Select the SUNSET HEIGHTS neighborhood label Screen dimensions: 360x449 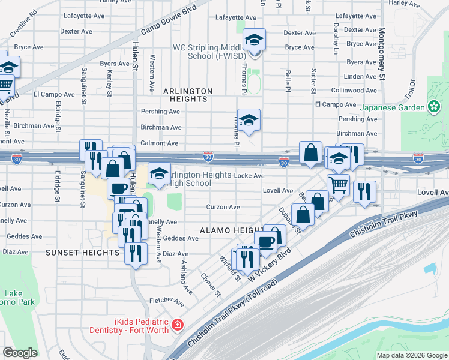tap(83, 253)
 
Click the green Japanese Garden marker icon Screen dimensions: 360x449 tap(434, 107)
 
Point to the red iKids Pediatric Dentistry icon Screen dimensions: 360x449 tap(177, 325)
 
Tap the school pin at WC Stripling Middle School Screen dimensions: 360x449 tap(254, 41)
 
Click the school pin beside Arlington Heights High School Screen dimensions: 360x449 tap(158, 174)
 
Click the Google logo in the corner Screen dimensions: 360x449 tap(20, 353)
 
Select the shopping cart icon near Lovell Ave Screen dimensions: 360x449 tap(339, 185)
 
